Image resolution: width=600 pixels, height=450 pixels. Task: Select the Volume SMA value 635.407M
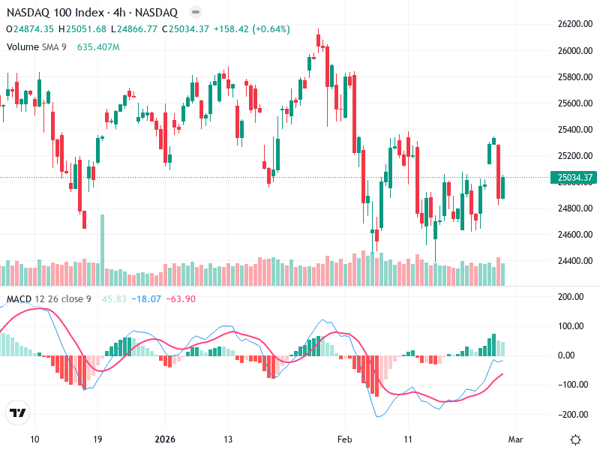coord(98,46)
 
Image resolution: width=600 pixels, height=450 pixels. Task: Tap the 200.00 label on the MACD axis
coord(572,297)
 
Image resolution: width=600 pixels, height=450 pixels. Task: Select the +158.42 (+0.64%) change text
coord(251,29)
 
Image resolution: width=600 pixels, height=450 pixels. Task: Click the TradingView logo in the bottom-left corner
coord(17,413)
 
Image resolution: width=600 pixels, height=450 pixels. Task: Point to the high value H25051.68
coord(86,29)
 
